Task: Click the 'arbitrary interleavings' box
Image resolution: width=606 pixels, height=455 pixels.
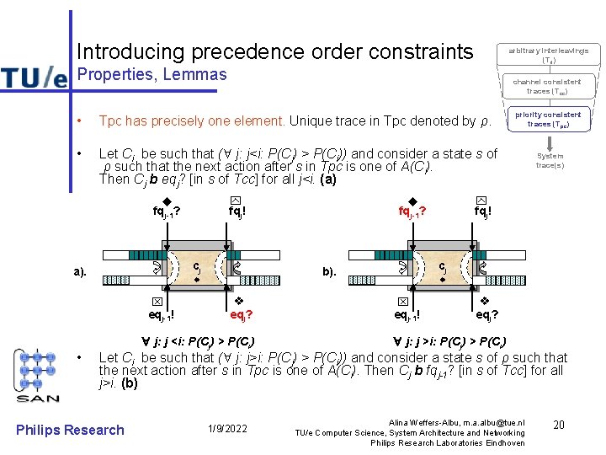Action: [548, 56]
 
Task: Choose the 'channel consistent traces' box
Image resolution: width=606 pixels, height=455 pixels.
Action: [548, 86]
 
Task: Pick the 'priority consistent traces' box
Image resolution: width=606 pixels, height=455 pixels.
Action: [548, 119]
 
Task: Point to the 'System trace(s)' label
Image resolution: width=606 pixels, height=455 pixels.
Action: [550, 160]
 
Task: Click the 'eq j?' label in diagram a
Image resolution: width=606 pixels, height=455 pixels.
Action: [242, 316]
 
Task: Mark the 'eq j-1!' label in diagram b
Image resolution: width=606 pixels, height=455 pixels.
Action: [407, 316]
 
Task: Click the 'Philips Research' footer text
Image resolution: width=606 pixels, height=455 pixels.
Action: [71, 430]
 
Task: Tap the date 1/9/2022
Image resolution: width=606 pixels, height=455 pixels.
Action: [227, 430]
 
